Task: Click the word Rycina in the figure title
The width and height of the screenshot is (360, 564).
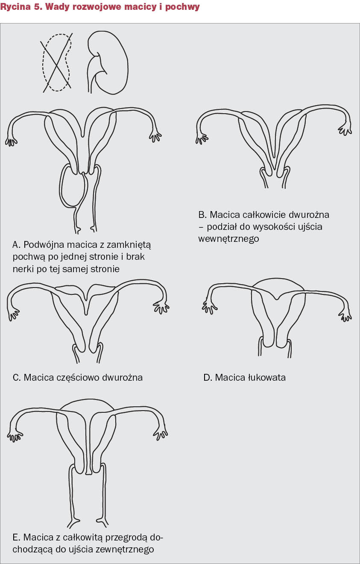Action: coord(15,7)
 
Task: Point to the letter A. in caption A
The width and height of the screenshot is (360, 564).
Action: coord(16,244)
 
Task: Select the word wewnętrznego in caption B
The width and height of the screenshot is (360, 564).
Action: coord(228,239)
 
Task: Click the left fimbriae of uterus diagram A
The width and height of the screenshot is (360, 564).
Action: coord(11,142)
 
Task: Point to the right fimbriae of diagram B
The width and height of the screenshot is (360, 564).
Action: coord(345,130)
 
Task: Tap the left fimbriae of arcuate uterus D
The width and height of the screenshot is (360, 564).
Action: coord(209,308)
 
